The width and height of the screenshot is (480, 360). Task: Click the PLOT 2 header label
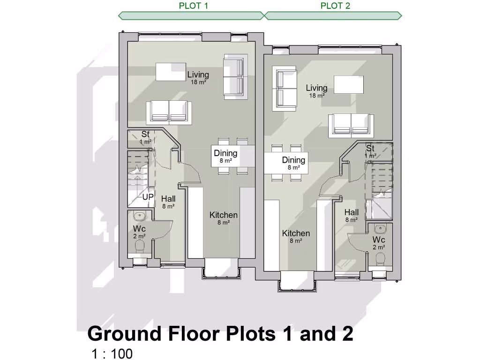tap(335, 6)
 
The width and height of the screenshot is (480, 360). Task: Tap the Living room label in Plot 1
tap(198, 75)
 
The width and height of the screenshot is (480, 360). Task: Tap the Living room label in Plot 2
tap(316, 89)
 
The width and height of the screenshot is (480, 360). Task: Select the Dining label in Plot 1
tap(225, 154)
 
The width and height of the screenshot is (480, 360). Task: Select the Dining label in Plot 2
tap(293, 161)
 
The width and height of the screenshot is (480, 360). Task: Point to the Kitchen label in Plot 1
tap(223, 216)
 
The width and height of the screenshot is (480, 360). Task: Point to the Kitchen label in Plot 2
tap(296, 234)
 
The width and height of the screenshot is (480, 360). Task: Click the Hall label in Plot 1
tap(168, 199)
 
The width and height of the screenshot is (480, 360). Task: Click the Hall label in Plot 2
tap(351, 213)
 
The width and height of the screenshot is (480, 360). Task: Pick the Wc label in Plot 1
tap(139, 229)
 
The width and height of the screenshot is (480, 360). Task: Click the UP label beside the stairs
tap(148, 197)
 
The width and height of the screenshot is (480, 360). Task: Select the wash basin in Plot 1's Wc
tap(140, 217)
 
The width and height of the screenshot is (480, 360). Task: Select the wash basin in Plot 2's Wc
tap(379, 228)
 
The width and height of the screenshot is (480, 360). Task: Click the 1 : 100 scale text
tap(112, 353)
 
